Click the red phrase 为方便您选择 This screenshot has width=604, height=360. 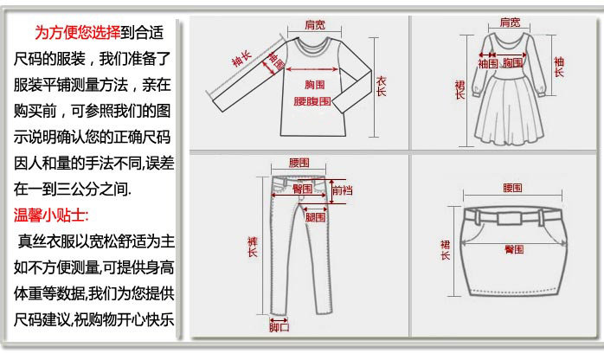76,34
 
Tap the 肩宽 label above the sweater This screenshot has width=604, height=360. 314,25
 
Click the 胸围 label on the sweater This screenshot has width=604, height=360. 314,84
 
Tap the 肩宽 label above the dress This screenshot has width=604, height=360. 510,22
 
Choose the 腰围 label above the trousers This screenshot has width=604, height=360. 299,162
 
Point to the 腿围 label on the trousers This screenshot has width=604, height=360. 314,218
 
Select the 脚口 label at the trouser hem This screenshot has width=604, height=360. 279,327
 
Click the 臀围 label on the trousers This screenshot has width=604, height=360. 302,189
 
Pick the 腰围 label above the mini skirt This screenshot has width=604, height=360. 512,187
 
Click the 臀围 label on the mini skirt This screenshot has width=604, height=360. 514,249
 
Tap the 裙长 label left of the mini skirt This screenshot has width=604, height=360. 445,250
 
